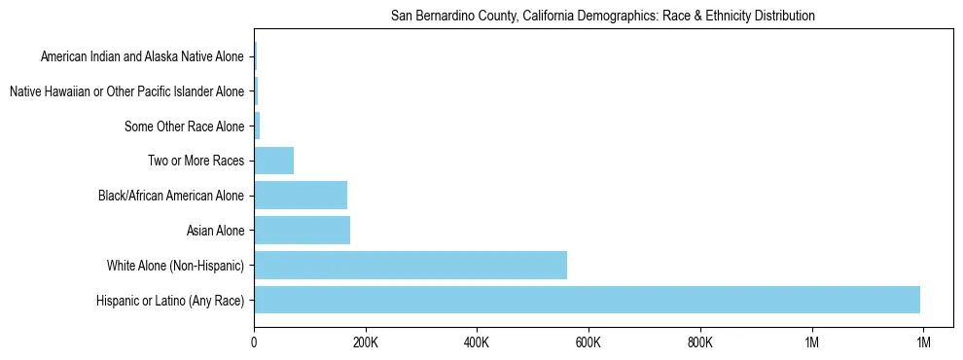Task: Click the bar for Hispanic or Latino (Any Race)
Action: pos(587,300)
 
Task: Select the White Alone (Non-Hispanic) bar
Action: pos(410,265)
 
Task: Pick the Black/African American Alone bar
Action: pos(301,195)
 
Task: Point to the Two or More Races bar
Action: pos(273,161)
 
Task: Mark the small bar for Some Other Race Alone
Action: pos(257,126)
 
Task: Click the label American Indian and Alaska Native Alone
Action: pos(142,56)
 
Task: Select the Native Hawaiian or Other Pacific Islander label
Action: pos(126,91)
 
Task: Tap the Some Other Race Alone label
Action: pos(185,126)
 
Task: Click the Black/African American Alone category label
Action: pos(171,196)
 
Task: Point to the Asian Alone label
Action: pos(215,231)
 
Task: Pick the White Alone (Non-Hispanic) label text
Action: pos(176,266)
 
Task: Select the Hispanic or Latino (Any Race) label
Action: pos(171,300)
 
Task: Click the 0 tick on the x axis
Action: pos(254,342)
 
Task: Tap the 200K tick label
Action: pos(366,342)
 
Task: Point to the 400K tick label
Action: pos(478,342)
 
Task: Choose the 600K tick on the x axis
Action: pos(588,342)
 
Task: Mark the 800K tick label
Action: pos(700,342)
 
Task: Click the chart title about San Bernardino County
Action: pos(603,17)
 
